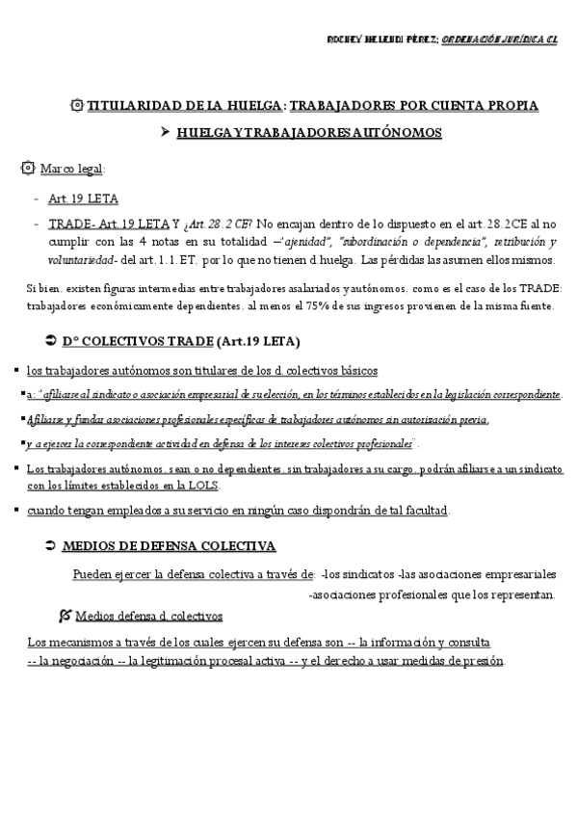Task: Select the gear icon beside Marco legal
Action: [28, 170]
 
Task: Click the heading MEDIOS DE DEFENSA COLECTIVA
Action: [168, 545]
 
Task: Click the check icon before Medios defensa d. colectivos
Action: [64, 615]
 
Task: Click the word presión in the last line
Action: [483, 662]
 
